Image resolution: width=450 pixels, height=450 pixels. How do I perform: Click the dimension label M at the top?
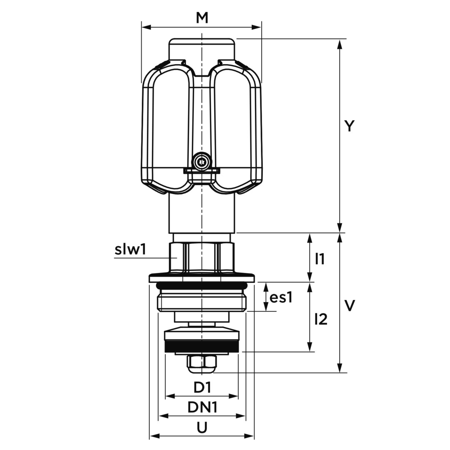pos(202,18)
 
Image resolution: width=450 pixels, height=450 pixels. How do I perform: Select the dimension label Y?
pos(349,126)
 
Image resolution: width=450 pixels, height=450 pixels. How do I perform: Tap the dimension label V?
pos(350,305)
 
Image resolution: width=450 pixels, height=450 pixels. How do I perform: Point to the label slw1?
pos(130,250)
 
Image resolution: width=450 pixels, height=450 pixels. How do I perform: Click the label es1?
pos(281,297)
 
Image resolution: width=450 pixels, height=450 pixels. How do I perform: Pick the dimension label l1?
pos(320,259)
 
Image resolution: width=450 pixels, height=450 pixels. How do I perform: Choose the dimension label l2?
pos(321,319)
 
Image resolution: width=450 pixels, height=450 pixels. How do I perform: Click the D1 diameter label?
pos(202,388)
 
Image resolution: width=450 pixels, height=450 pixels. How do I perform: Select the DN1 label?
pos(202,407)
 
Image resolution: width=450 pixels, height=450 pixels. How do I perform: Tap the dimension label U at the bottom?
pos(202,428)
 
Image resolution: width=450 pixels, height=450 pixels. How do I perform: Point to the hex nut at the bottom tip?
pos(202,364)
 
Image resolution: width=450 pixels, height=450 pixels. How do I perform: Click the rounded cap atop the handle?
pos(202,49)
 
